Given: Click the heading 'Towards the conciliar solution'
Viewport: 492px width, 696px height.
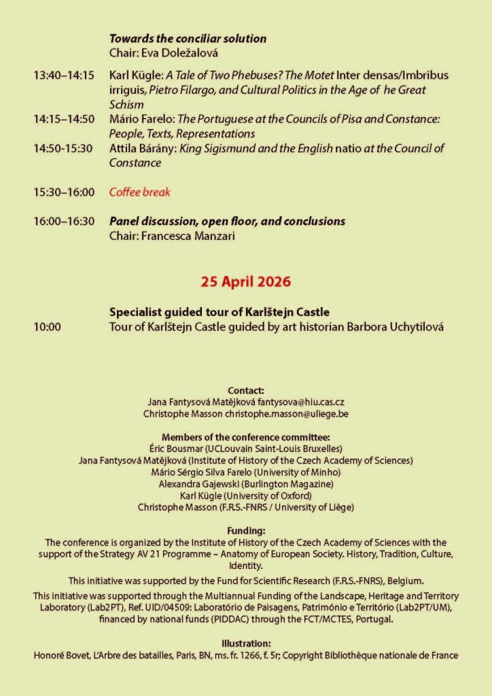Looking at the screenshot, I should pyautogui.click(x=188, y=39).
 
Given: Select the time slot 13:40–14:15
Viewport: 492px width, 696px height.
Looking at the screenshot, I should pyautogui.click(x=64, y=75).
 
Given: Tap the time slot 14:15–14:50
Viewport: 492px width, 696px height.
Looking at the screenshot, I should pyautogui.click(x=64, y=120).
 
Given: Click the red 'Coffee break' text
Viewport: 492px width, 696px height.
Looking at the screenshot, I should pyautogui.click(x=140, y=192).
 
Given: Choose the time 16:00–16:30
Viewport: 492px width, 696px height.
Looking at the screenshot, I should pyautogui.click(x=64, y=222).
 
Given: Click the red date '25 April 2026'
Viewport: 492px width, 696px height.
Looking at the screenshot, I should pyautogui.click(x=245, y=280).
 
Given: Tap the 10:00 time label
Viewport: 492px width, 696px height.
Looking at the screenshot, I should pyautogui.click(x=47, y=327).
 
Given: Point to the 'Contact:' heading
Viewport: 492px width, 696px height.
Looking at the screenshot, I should pyautogui.click(x=245, y=391).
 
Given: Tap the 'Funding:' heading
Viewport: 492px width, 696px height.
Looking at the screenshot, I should pyautogui.click(x=245, y=531).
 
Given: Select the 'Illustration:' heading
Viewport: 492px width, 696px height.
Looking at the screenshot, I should pyautogui.click(x=245, y=644).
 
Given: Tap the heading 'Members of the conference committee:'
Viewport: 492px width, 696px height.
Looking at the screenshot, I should pyautogui.click(x=245, y=437).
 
